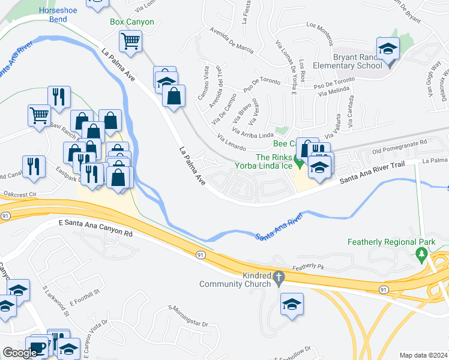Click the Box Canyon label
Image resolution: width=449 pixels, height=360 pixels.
pyautogui.click(x=132, y=22)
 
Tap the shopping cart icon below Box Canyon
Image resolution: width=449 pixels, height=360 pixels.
pyautogui.click(x=130, y=41)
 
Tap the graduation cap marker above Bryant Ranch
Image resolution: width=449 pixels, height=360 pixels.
pyautogui.click(x=388, y=49)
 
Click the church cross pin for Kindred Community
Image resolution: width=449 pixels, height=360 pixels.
pyautogui.click(x=277, y=278)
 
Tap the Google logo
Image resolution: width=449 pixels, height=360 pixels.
pyautogui.click(x=20, y=353)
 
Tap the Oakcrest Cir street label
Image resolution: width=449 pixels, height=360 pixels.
pyautogui.click(x=20, y=194)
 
